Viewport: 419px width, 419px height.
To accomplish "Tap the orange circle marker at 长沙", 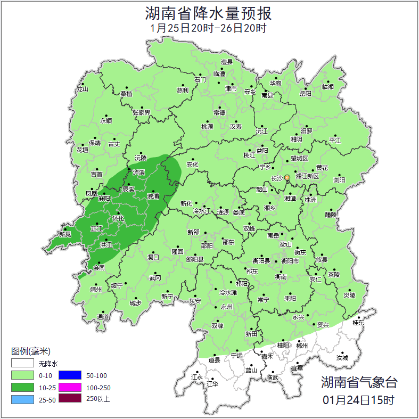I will (287, 177).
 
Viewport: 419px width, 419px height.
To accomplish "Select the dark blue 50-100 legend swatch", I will (70, 376).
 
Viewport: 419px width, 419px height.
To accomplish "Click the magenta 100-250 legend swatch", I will (70, 388).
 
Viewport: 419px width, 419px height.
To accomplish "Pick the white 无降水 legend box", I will (22, 364).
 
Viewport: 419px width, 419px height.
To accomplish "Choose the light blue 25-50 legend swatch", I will (22, 399).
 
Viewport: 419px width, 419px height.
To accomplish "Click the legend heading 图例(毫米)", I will (30, 351).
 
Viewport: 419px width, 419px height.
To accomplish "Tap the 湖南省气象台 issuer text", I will (358, 382).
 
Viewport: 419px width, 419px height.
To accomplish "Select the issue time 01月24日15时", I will (358, 399).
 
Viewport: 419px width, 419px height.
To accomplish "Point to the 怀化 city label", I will (118, 218).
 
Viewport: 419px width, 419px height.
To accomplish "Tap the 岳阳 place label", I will (305, 94).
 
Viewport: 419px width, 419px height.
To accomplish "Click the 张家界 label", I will (141, 112).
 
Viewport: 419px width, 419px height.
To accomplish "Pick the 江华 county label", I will (212, 384).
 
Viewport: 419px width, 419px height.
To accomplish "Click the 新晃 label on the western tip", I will (65, 234).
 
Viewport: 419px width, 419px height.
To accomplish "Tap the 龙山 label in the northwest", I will (81, 89).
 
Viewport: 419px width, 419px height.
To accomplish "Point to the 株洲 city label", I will (310, 200).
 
